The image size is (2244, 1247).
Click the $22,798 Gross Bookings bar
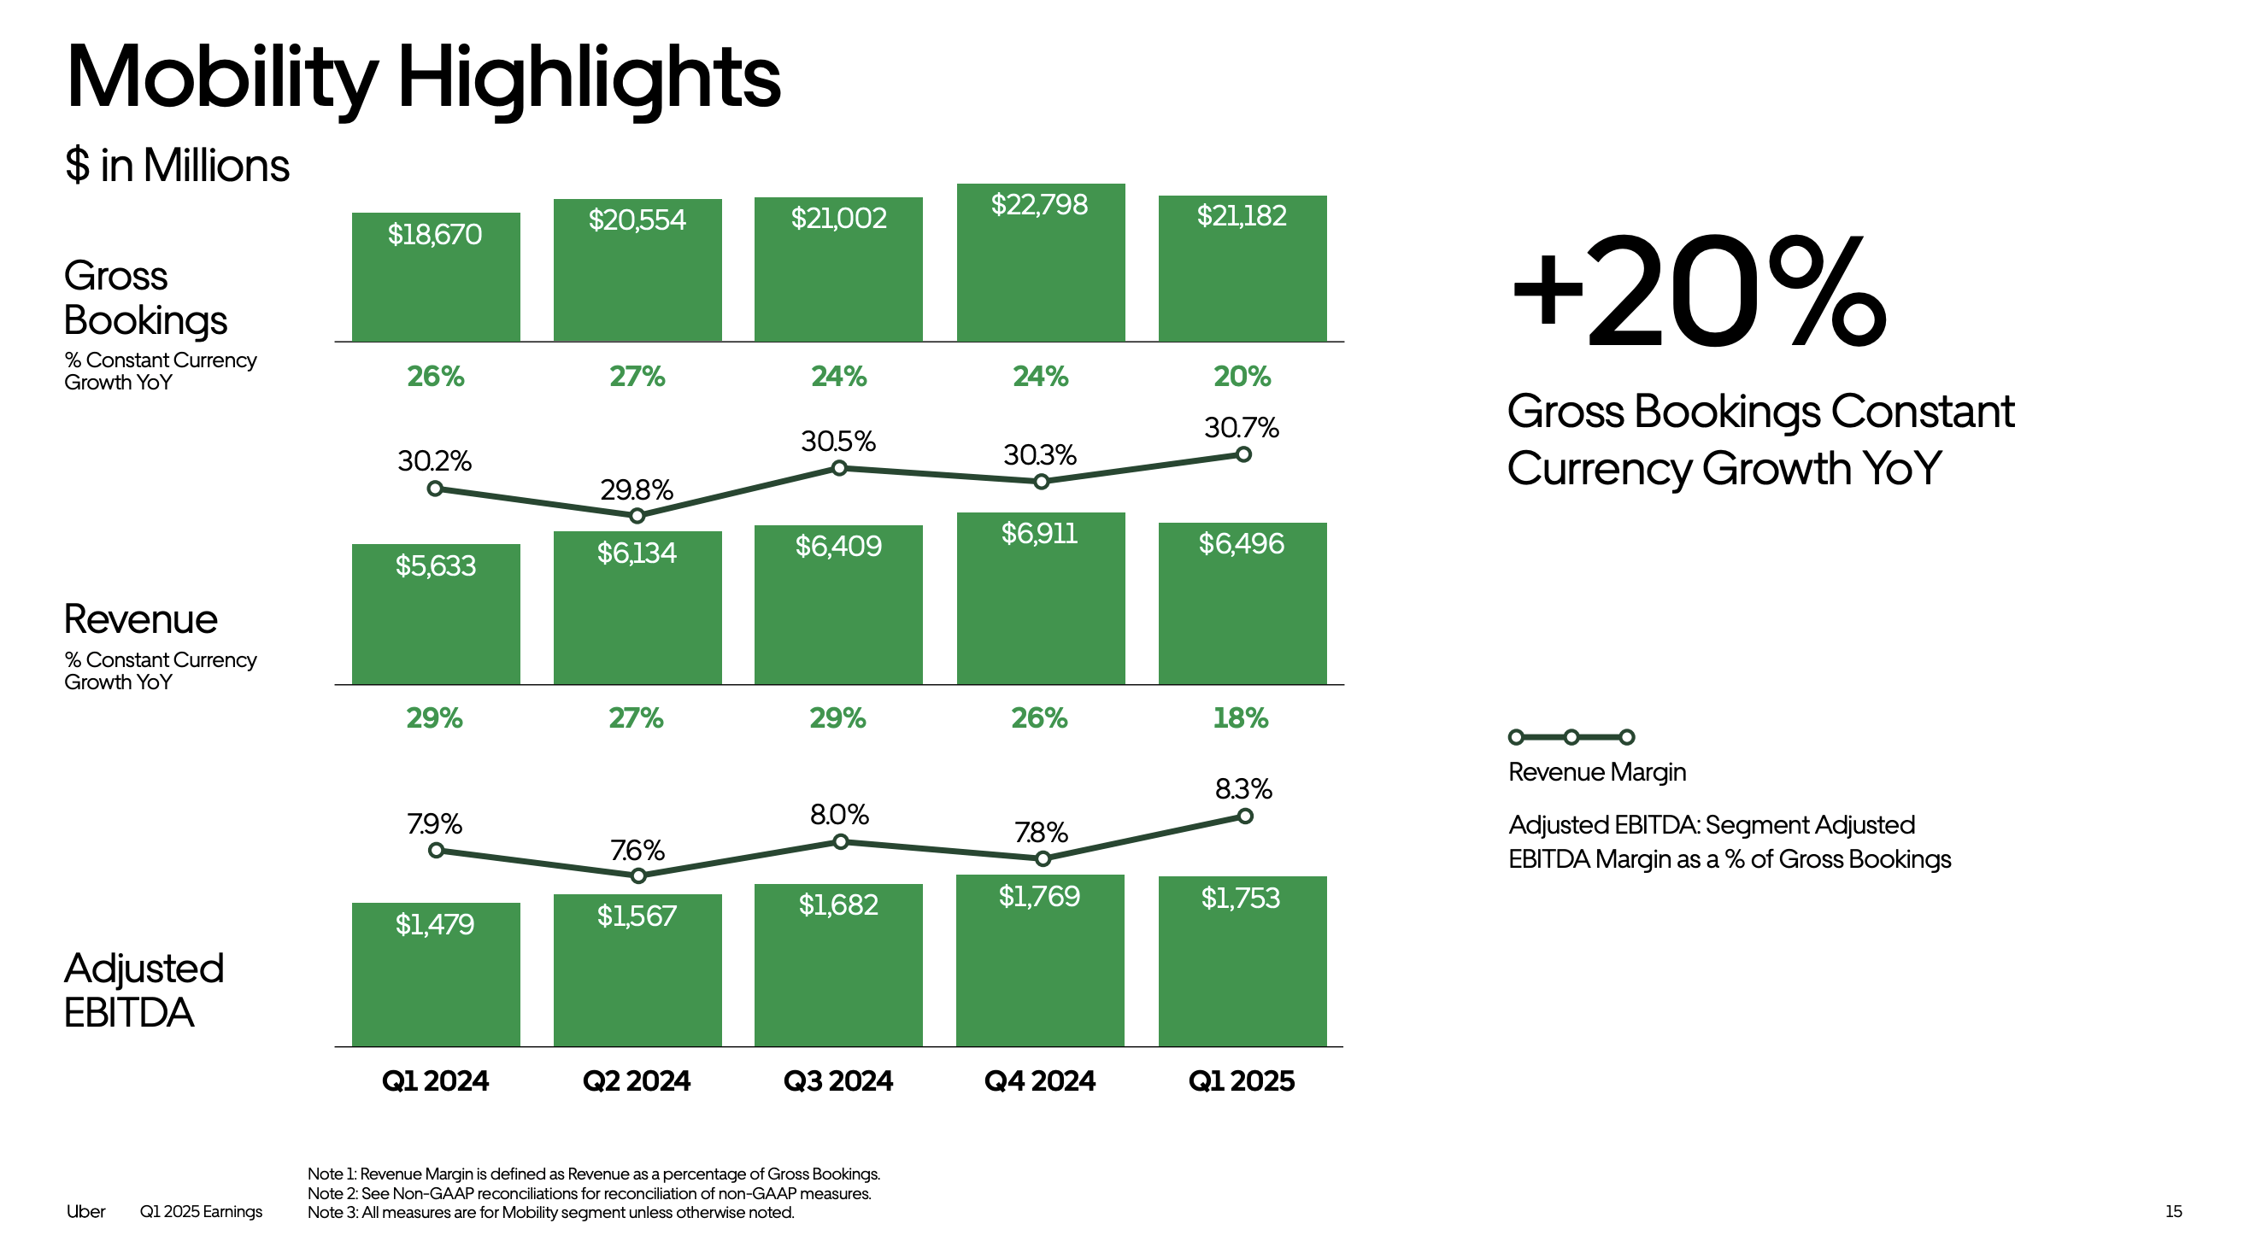[1040, 262]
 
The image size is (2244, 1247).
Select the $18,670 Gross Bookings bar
[436, 277]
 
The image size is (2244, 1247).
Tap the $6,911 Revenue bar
[1040, 598]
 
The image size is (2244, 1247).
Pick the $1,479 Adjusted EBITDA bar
[436, 974]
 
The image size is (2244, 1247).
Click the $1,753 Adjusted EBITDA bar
[1242, 961]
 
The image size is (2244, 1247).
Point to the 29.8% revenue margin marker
[637, 516]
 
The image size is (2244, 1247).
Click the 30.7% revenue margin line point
[1243, 454]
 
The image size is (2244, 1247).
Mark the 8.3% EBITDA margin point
[1245, 816]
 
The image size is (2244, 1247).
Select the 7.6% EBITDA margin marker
[638, 875]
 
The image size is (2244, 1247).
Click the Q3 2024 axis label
[838, 1080]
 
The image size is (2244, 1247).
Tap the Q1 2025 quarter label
[1242, 1080]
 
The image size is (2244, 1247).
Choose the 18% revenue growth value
[1241, 718]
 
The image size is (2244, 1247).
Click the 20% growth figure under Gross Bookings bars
[1242, 376]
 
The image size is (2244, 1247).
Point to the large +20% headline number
[1699, 292]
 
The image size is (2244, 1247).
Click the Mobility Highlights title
[423, 79]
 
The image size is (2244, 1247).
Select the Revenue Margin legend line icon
[1571, 738]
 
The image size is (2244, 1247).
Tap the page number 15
[2173, 1211]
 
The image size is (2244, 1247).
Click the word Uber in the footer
[85, 1211]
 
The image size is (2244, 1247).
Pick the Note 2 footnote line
[589, 1193]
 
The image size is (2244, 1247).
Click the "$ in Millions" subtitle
[177, 166]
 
